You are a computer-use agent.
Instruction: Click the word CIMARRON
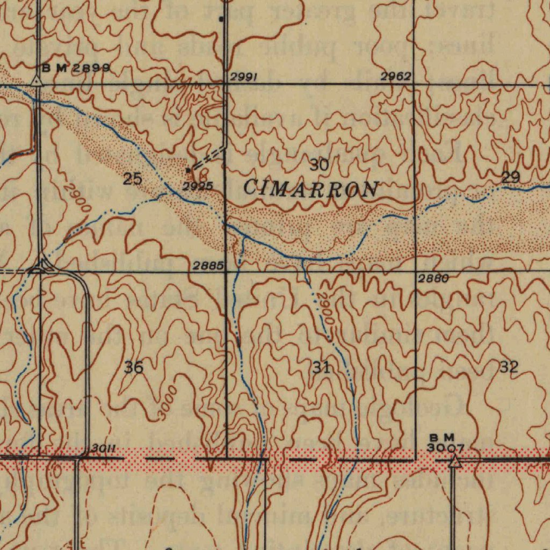(x=310, y=189)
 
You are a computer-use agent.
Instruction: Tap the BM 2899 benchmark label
(x=76, y=68)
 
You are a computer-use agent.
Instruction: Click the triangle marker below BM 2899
(x=37, y=81)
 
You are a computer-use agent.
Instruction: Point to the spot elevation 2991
(x=244, y=77)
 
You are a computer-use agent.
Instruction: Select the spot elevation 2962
(x=396, y=77)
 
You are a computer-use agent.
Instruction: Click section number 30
(x=319, y=165)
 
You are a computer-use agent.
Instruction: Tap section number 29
(x=510, y=177)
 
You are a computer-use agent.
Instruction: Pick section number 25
(x=132, y=179)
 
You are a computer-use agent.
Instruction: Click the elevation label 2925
(x=198, y=186)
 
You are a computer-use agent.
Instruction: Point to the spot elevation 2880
(x=433, y=278)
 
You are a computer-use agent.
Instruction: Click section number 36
(x=134, y=368)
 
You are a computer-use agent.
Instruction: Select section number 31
(x=321, y=368)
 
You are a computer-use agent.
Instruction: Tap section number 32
(x=509, y=367)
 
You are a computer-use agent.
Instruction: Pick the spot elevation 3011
(x=104, y=448)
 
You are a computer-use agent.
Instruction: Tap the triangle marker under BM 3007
(x=455, y=461)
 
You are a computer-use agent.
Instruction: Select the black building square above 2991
(x=221, y=19)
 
